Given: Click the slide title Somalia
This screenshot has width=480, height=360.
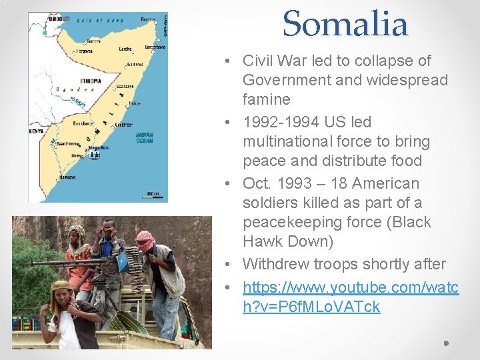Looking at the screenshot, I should point(345,25).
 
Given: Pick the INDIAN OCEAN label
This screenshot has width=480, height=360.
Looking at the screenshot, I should point(144,137).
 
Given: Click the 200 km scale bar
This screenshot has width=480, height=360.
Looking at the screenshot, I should point(153,193).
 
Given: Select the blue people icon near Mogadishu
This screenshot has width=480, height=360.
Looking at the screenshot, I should point(94,155).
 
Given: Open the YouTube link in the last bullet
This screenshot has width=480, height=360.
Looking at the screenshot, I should point(351,297).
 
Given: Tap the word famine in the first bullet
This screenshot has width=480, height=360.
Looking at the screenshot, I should point(267,99).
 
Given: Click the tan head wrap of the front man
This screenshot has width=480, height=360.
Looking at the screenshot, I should point(61,287).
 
